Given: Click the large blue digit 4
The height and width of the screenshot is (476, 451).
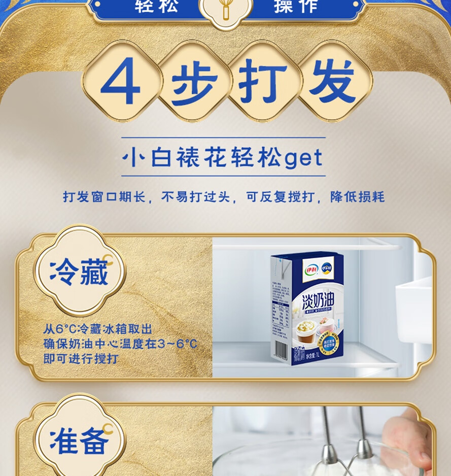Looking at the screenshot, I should [x=120, y=81].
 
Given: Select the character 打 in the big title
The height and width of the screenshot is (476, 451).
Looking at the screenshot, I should [x=263, y=81].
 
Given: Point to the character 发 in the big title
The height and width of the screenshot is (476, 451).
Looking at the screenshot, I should [x=332, y=81].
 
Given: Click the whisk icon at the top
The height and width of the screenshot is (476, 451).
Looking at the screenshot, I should [x=225, y=9].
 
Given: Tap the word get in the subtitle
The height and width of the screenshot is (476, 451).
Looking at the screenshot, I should [x=303, y=158].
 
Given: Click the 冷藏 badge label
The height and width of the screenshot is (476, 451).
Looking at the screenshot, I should [x=79, y=274].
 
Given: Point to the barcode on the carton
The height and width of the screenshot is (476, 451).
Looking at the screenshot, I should [x=280, y=350].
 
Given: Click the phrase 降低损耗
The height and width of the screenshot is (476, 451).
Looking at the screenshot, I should [x=358, y=197].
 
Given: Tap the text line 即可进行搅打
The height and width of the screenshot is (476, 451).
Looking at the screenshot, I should [x=81, y=359].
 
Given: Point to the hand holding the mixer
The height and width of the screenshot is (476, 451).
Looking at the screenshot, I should [x=406, y=441].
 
